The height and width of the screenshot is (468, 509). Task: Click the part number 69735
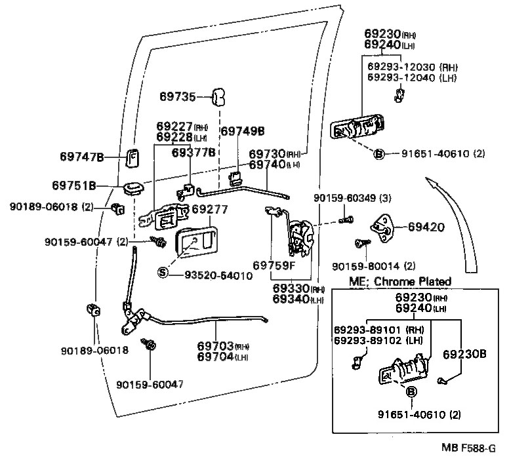tap(177, 97)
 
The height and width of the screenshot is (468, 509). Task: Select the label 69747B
tap(82, 157)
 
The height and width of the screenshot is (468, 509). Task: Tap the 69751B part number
tap(74, 185)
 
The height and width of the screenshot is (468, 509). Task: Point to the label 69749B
tap(242, 131)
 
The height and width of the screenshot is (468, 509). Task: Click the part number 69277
tap(209, 210)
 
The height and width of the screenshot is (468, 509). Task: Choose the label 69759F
tap(274, 265)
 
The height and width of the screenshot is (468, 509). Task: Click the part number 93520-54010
tap(214, 276)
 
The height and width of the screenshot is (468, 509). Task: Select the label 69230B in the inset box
tap(464, 354)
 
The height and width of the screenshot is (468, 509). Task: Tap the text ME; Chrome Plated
tap(400, 282)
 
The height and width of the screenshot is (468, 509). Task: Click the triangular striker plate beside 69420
tap(382, 227)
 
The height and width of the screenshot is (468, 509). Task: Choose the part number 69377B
tap(193, 153)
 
